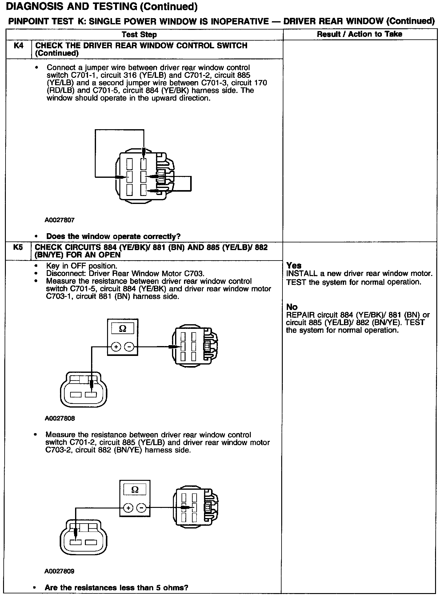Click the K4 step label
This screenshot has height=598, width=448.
(18, 46)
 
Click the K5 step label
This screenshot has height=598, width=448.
(18, 247)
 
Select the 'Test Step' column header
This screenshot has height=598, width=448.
(139, 34)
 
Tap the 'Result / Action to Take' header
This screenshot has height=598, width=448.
(359, 34)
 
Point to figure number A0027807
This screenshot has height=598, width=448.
(59, 220)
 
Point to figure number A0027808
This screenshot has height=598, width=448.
(60, 419)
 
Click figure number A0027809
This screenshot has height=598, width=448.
(59, 572)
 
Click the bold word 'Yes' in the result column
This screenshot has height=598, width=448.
(294, 265)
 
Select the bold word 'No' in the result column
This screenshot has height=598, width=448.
(292, 307)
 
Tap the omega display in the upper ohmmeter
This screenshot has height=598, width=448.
(122, 329)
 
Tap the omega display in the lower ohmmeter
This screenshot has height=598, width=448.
(135, 490)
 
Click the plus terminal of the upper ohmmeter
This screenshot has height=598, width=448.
(116, 347)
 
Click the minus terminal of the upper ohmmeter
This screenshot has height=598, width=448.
(129, 347)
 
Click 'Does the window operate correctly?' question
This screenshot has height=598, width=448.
(113, 237)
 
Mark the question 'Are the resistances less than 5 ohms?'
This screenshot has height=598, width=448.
(116, 588)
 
